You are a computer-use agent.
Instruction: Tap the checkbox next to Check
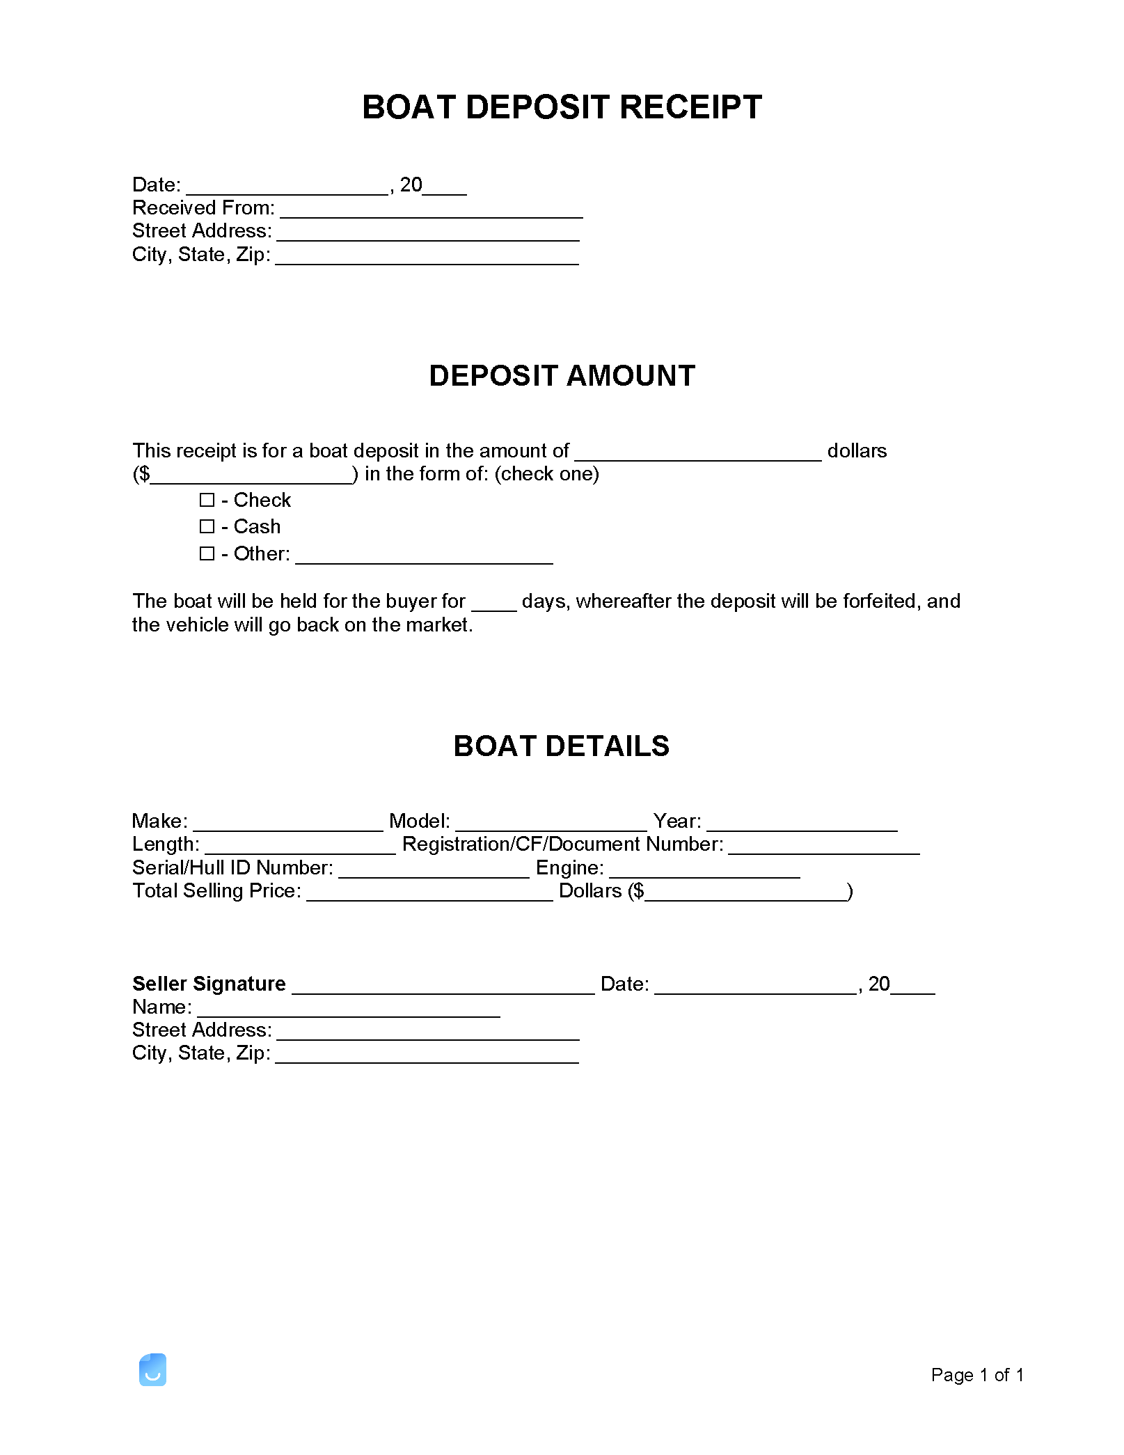coord(207,500)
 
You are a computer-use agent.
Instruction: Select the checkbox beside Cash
coord(207,526)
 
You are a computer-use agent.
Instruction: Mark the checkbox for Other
coord(207,553)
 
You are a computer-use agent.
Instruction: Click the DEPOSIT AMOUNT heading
coord(562,376)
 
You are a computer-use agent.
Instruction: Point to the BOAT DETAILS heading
coord(561,746)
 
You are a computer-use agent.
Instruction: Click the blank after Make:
coord(287,824)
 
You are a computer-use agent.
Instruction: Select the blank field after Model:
coord(551,824)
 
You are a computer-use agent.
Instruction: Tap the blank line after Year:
coord(802,824)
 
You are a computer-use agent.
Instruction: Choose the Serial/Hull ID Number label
coord(232,868)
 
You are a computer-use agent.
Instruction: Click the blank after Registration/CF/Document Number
coord(824,847)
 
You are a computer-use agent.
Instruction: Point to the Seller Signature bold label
coord(209,984)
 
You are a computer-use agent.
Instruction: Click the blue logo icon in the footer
coord(152,1369)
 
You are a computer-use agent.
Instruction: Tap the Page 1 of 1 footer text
coord(976,1375)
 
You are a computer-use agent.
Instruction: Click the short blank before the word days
coord(493,604)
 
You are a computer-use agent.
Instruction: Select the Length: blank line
coord(300,847)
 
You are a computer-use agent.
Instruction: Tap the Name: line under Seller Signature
coord(349,1009)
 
